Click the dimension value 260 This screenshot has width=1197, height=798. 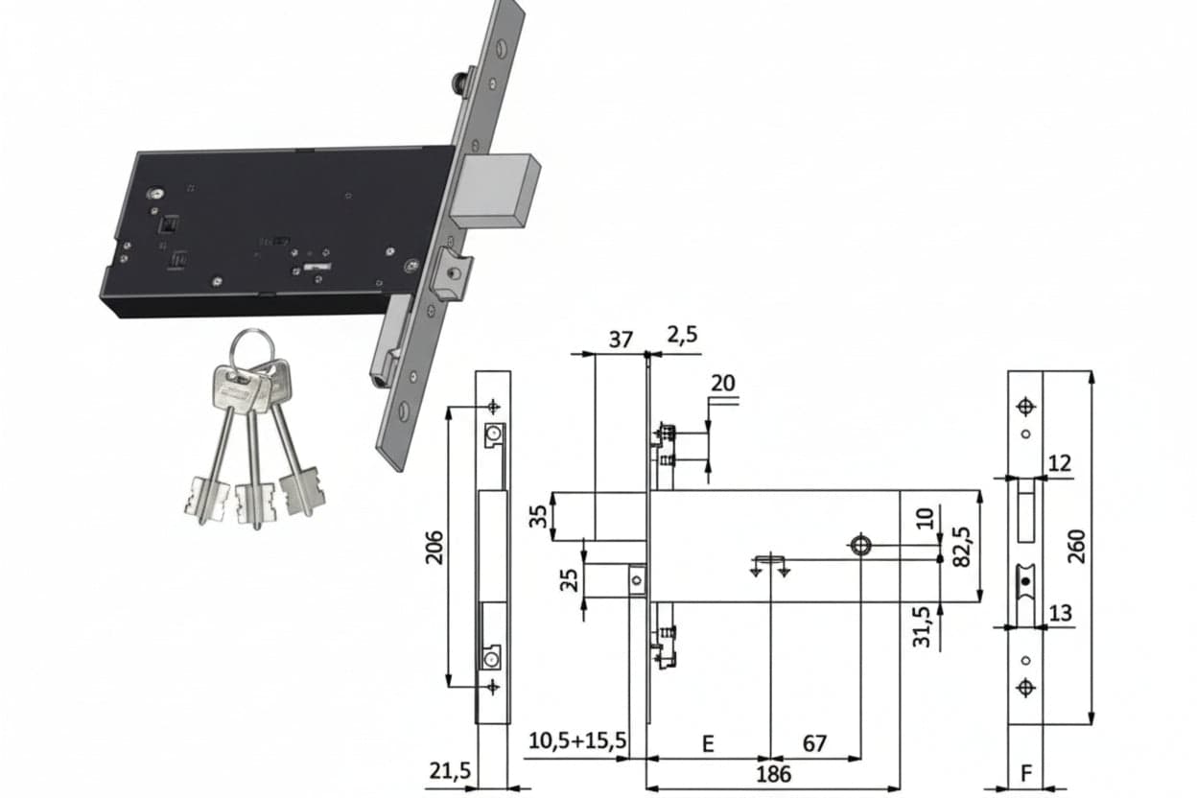(x=1078, y=547)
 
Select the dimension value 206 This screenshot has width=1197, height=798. (x=434, y=548)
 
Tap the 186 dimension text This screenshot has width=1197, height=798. (x=773, y=774)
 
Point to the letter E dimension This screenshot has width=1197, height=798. (x=708, y=744)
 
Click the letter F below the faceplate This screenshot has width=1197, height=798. (x=1026, y=773)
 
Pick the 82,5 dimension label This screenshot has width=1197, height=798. (x=961, y=547)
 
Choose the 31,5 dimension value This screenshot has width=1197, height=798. (x=922, y=627)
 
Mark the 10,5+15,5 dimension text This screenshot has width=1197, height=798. (x=577, y=740)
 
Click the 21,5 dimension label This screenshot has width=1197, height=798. (x=450, y=771)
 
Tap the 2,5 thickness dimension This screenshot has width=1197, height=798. (x=682, y=335)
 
